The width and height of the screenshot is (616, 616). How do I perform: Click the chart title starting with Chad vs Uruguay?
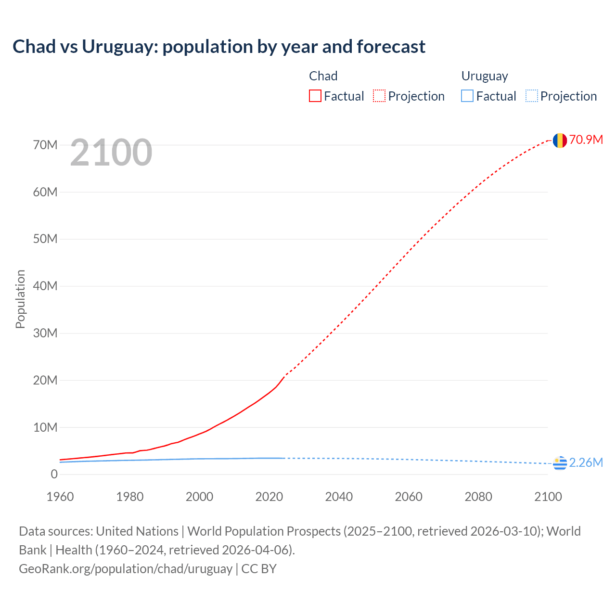click(x=219, y=47)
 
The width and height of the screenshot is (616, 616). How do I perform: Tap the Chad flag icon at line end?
click(x=559, y=140)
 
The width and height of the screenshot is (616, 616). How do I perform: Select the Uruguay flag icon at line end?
click(x=559, y=463)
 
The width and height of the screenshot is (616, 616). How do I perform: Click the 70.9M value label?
click(x=586, y=140)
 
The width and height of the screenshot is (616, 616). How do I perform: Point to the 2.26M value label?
click(x=586, y=462)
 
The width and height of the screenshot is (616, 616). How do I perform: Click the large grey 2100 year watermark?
click(x=111, y=153)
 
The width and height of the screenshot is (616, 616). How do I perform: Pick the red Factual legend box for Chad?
click(x=315, y=96)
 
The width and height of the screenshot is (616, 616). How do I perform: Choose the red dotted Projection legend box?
click(x=379, y=96)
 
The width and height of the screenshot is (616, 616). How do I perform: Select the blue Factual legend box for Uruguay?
click(x=467, y=96)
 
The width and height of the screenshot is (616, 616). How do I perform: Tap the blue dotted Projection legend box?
click(x=532, y=96)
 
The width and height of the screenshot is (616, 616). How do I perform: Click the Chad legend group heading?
click(x=323, y=76)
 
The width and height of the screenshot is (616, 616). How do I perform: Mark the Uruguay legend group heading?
click(x=484, y=76)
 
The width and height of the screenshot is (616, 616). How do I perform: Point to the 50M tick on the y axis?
click(x=45, y=239)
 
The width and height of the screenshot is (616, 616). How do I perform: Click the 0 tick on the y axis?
click(x=54, y=474)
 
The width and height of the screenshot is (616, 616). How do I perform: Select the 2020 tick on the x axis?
click(x=269, y=497)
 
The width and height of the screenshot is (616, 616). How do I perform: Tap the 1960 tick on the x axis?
click(x=60, y=497)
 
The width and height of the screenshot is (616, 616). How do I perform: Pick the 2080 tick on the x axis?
click(x=478, y=497)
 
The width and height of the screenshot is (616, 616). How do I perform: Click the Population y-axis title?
click(x=20, y=299)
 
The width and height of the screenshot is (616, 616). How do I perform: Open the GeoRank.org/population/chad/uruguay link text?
click(x=126, y=568)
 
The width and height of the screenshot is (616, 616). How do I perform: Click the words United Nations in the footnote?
click(x=137, y=531)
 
